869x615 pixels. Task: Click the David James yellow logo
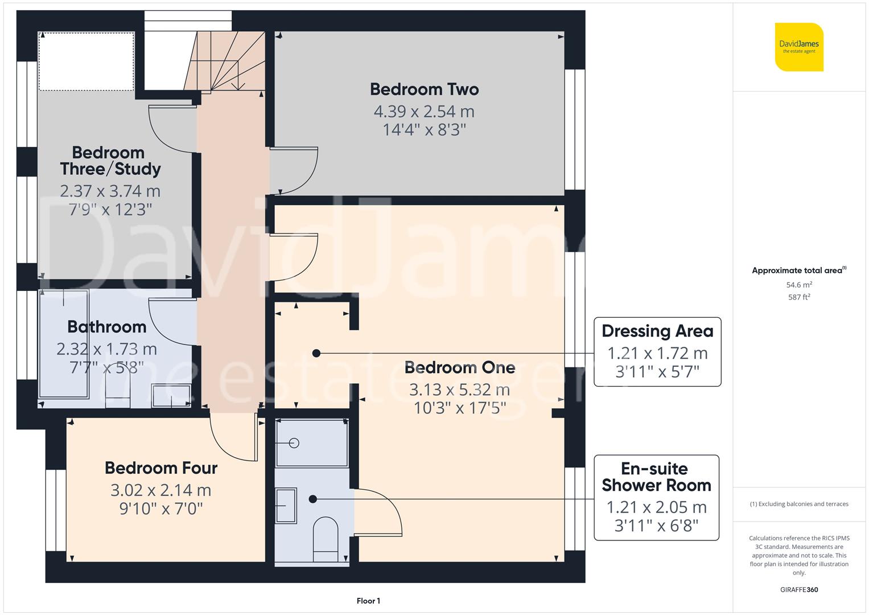[x=799, y=47]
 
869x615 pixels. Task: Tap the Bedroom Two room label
[x=424, y=89]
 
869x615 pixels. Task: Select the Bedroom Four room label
[x=161, y=468]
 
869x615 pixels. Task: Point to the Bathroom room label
[x=107, y=327]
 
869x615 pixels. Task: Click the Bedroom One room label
[x=460, y=368]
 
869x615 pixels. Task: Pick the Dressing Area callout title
[x=657, y=331]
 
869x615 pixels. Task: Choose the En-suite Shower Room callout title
[x=656, y=477]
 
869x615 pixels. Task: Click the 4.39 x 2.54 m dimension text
[x=424, y=112]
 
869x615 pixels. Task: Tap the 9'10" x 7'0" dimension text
[x=161, y=509]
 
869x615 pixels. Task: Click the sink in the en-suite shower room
[x=286, y=506]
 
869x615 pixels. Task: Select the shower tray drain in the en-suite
[x=294, y=443]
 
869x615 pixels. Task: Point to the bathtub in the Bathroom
[x=63, y=344]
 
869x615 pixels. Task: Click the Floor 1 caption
[x=368, y=601]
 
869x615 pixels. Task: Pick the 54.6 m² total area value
[x=799, y=285]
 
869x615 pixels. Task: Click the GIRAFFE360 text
[x=799, y=589]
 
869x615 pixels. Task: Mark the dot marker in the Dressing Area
[x=316, y=354]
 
